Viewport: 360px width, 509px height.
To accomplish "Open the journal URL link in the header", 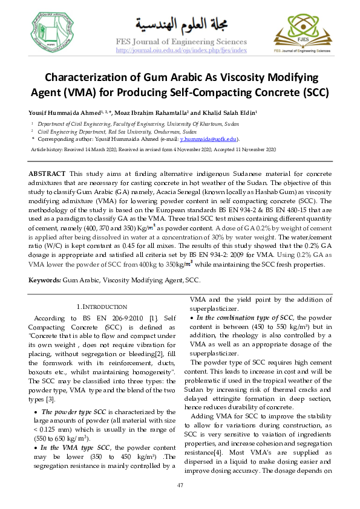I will click(181, 51).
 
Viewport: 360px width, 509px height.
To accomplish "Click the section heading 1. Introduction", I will click(102, 306).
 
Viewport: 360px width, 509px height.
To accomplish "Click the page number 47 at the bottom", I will click(180, 487).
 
